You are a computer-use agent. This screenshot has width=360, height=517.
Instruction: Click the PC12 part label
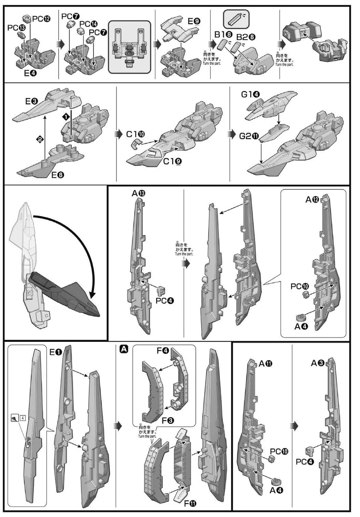click(x=41, y=19)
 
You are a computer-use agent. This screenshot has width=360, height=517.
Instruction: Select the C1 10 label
click(x=136, y=134)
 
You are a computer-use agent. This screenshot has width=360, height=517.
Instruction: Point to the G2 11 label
click(x=249, y=136)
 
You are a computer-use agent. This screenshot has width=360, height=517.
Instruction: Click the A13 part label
click(x=139, y=194)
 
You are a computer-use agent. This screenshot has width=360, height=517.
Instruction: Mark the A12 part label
click(x=312, y=199)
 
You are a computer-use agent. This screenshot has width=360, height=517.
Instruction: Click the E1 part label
click(x=56, y=352)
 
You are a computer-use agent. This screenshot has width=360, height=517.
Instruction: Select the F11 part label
click(x=190, y=504)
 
